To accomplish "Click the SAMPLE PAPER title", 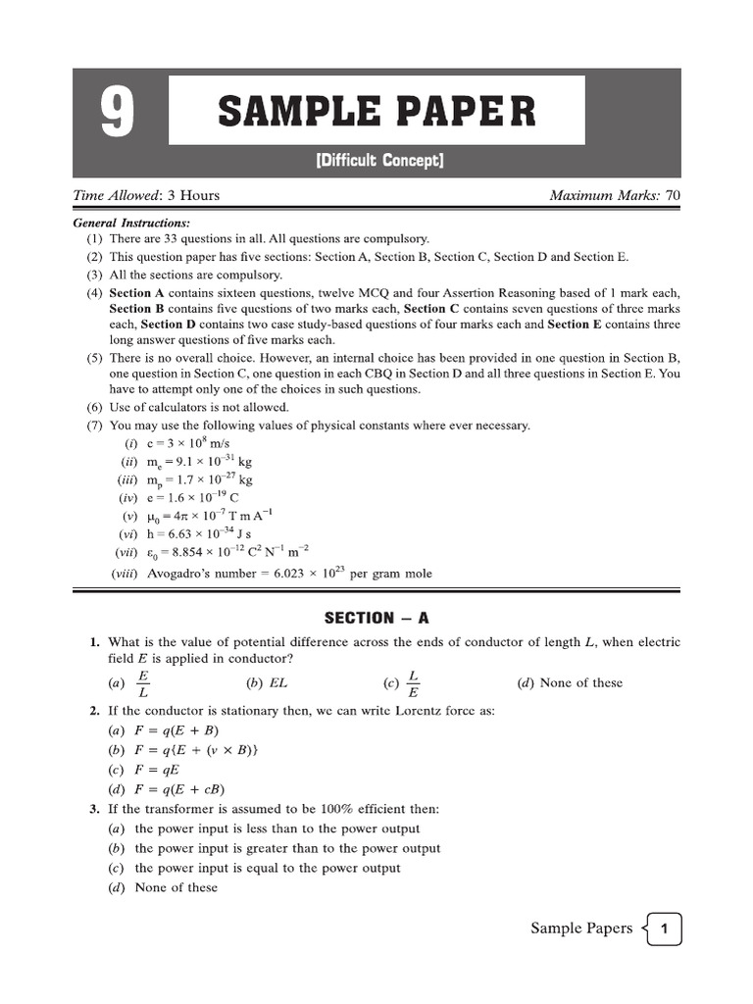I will (x=376, y=111).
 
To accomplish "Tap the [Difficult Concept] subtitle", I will (x=378, y=160).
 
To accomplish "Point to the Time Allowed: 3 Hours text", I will (x=146, y=195).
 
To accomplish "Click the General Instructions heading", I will (x=132, y=223).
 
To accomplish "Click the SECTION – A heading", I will (x=376, y=618).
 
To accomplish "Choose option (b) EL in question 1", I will (x=268, y=683).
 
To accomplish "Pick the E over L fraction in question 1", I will (x=143, y=683).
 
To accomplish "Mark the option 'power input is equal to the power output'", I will (x=267, y=868).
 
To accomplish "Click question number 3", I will (x=94, y=809).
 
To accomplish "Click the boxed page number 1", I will (x=665, y=929).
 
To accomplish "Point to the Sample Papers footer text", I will (x=580, y=929).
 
